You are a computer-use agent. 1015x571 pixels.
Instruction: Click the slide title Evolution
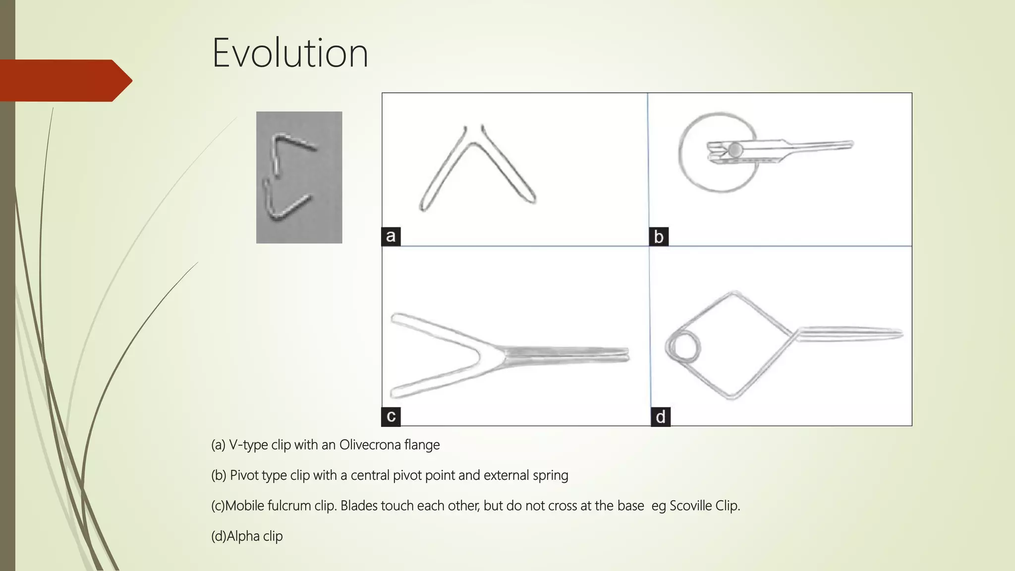(290, 53)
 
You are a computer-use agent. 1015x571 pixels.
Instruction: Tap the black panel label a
(391, 236)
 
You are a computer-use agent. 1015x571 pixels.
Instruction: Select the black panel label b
(659, 237)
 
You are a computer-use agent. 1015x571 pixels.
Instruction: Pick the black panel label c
(391, 416)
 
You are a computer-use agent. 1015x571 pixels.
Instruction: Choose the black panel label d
(660, 417)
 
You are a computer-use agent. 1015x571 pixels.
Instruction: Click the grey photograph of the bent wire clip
(299, 177)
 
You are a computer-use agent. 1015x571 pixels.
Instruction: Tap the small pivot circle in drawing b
(735, 149)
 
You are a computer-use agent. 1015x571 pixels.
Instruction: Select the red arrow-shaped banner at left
(64, 80)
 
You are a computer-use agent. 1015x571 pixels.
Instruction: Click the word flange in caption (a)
(422, 445)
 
